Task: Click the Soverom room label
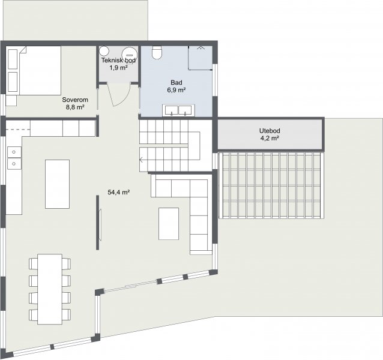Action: (x=75, y=100)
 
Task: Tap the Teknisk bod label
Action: (x=118, y=60)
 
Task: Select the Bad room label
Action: (x=176, y=82)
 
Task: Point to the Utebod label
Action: (x=270, y=131)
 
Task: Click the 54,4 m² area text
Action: (x=118, y=193)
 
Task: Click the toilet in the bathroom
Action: (x=157, y=52)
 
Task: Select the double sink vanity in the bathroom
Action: (x=178, y=110)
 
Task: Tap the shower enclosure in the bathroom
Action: (x=201, y=58)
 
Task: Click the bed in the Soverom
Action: (x=34, y=71)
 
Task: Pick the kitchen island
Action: (x=58, y=184)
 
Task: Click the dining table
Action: (x=50, y=289)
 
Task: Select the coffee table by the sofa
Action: (x=169, y=224)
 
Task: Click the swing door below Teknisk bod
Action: (x=119, y=95)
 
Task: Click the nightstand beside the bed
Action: (x=11, y=100)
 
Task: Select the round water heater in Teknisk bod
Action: (x=130, y=53)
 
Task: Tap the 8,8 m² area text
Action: (x=75, y=107)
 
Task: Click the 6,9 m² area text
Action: (x=176, y=90)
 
